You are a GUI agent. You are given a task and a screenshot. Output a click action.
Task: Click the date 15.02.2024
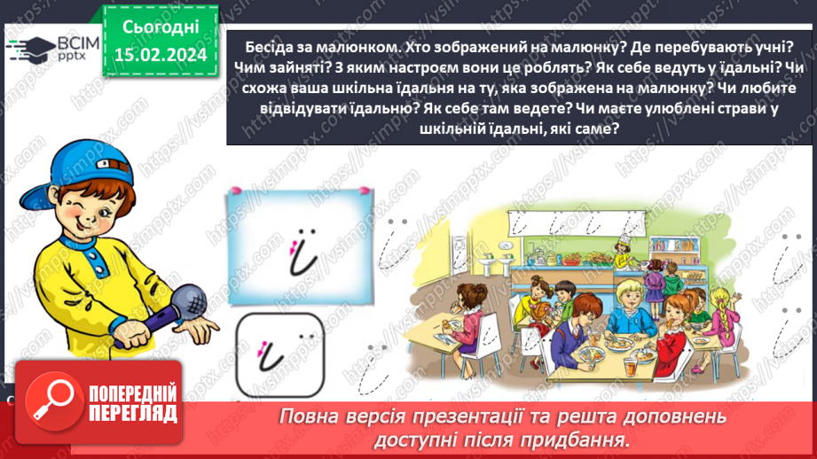point(161,55)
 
